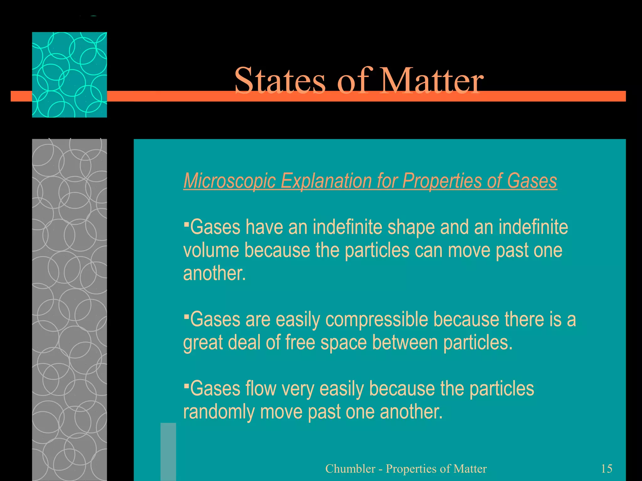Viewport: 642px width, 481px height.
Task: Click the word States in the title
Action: pyautogui.click(x=280, y=80)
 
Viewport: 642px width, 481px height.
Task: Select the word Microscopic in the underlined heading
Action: pyautogui.click(x=229, y=181)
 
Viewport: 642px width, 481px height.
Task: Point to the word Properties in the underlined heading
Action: pyautogui.click(x=442, y=181)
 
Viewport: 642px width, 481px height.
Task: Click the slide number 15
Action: pyautogui.click(x=607, y=468)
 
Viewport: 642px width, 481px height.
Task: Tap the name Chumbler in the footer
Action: pyautogui.click(x=350, y=469)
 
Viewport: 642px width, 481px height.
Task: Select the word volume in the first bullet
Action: pyautogui.click(x=211, y=250)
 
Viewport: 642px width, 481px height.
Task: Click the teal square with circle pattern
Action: pyautogui.click(x=69, y=75)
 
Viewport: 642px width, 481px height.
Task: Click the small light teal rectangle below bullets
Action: pyautogui.click(x=168, y=451)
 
